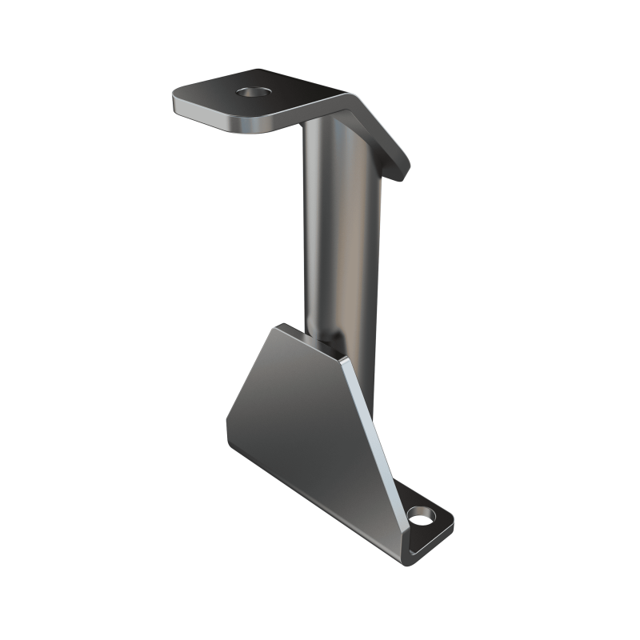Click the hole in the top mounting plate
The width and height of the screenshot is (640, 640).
(254, 93)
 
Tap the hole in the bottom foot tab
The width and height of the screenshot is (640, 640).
(420, 518)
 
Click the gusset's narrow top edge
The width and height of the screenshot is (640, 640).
(312, 342)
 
